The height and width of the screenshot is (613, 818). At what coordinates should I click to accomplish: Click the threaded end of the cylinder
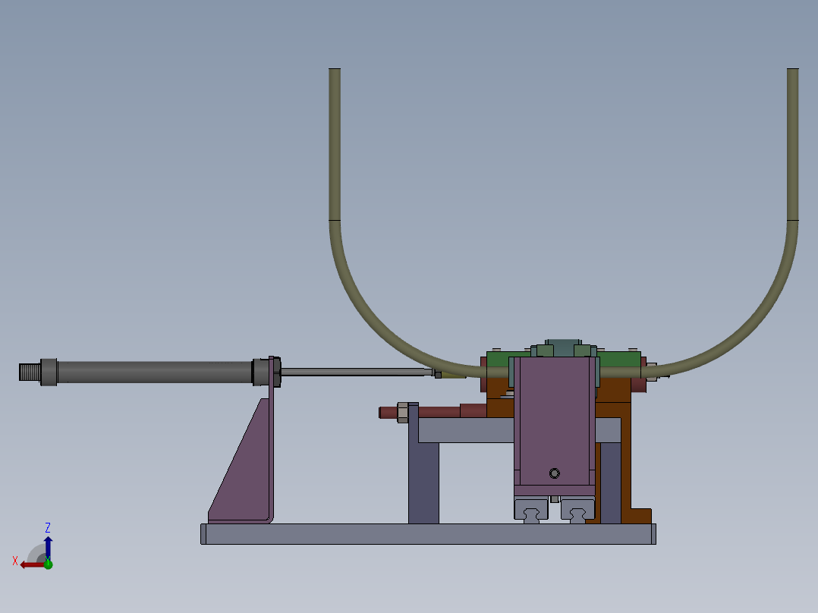(29, 372)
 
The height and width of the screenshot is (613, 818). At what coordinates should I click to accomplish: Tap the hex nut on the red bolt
(402, 412)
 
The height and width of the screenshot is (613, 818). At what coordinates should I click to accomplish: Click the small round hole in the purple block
(554, 473)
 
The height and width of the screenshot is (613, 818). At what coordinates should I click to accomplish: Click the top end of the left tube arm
(335, 73)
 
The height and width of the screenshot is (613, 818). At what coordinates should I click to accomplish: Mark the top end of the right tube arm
(793, 73)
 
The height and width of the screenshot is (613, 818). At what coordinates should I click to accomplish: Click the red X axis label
(15, 561)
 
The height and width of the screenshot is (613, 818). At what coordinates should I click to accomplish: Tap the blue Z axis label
(48, 527)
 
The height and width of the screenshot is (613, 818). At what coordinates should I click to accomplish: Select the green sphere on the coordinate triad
(48, 564)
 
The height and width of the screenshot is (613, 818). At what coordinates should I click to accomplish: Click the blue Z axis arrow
(48, 545)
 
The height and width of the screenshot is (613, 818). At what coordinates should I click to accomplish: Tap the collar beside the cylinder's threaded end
(49, 372)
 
